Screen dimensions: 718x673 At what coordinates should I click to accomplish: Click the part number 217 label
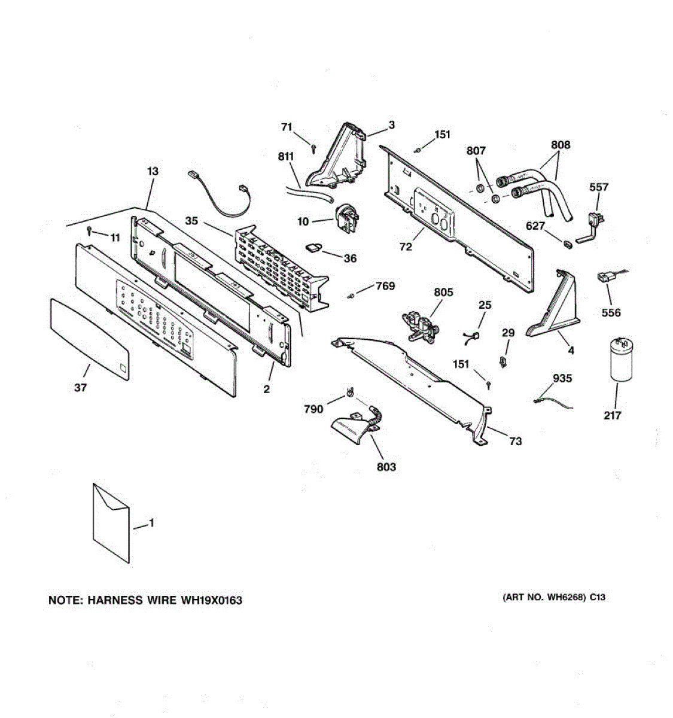[612, 415]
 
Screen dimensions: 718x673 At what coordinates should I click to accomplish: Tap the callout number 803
[386, 467]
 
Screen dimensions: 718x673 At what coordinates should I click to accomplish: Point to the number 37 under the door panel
[81, 388]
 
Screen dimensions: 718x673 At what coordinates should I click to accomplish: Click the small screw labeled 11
[89, 230]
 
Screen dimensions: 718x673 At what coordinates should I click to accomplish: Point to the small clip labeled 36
[313, 247]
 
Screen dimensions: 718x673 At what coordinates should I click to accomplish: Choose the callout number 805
[443, 293]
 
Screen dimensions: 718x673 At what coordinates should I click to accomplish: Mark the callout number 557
[599, 187]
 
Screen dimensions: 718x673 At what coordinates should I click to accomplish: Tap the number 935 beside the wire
[562, 378]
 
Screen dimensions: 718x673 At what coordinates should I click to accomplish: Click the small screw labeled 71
[313, 147]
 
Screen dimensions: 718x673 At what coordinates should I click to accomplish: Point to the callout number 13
[153, 171]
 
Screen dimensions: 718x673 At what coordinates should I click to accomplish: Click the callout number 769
[385, 286]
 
